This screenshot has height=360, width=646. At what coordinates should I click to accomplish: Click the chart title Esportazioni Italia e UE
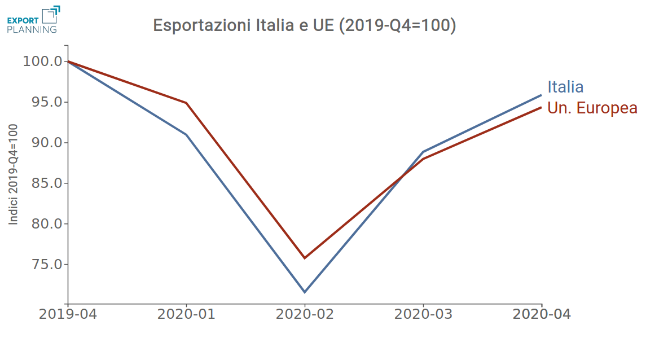coord(305,26)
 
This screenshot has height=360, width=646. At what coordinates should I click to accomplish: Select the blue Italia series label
coord(565,87)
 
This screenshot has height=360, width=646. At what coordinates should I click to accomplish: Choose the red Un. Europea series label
coord(592,108)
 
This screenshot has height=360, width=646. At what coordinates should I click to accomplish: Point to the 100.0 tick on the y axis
coord(42,61)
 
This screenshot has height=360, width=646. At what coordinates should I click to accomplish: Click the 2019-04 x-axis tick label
coord(68,314)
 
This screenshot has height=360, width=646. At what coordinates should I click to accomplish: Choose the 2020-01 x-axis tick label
coord(186,314)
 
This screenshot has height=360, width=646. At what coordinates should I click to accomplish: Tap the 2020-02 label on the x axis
coord(305,314)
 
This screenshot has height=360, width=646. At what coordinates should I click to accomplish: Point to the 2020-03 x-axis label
coord(423,314)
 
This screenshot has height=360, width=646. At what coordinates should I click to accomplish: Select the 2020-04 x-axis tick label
coord(542,314)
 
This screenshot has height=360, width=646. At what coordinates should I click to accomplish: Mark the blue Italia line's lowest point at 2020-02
coord(305,292)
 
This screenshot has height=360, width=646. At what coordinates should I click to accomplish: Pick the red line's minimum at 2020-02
coord(305,258)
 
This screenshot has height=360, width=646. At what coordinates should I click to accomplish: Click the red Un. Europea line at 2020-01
coord(186,103)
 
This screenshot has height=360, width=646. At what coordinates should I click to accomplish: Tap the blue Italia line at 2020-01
coord(186,134)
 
